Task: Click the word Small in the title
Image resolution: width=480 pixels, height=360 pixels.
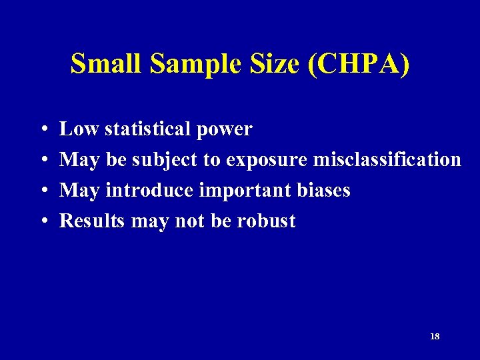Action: pyautogui.click(x=107, y=65)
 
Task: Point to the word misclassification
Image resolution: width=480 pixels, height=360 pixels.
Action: pyautogui.click(x=387, y=160)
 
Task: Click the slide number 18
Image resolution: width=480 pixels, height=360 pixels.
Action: pyautogui.click(x=435, y=337)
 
